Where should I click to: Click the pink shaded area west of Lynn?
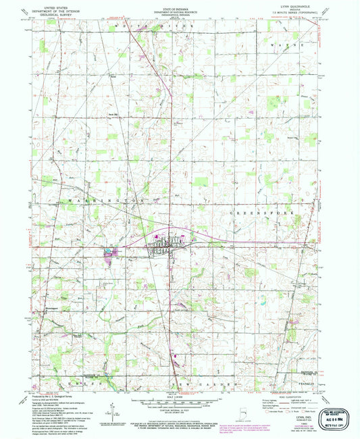click(108, 255)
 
